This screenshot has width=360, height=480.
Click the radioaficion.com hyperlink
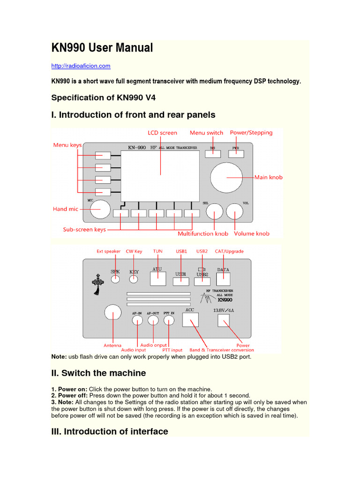[81, 66]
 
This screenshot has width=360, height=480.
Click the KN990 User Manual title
[102, 48]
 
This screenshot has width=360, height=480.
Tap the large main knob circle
[226, 178]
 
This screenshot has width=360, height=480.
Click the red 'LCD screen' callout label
[162, 133]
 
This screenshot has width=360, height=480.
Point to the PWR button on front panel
[236, 152]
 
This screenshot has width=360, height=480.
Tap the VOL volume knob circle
[234, 212]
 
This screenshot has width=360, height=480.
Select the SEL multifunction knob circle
[215, 212]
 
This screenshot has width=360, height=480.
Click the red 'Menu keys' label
[67, 145]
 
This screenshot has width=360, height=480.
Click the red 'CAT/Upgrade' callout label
[229, 251]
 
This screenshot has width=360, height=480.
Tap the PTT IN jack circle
[169, 320]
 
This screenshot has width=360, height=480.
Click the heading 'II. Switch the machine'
[98, 373]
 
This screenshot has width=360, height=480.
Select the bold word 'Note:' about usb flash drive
[59, 357]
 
